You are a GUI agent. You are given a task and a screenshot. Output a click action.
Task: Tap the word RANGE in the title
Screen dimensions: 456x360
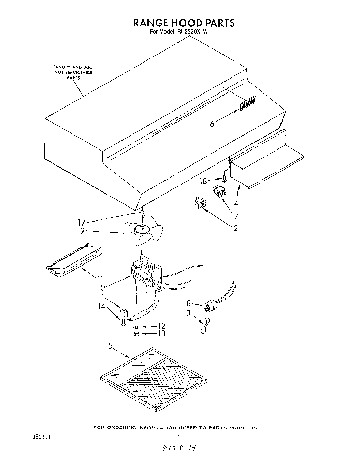[151, 23]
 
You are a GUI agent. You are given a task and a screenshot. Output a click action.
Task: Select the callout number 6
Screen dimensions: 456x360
[212, 124]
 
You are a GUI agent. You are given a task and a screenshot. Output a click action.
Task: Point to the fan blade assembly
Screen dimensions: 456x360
[143, 231]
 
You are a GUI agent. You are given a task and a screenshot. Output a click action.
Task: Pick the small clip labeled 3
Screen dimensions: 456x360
[204, 325]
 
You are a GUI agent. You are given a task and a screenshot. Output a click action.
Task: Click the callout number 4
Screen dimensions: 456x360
[236, 204]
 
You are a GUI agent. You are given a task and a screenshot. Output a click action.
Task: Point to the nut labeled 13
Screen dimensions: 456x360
[136, 334]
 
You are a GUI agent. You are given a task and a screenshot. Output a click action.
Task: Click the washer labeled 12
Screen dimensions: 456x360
[136, 327]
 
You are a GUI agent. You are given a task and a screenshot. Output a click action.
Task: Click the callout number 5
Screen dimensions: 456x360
[110, 346]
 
